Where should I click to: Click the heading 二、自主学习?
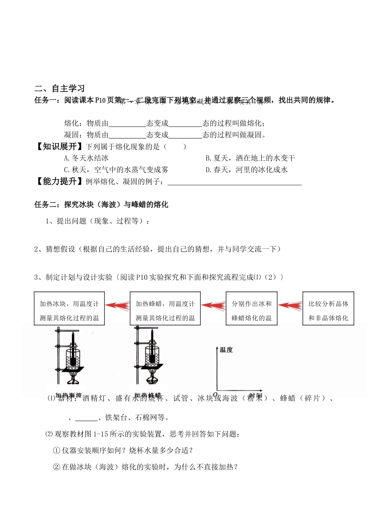59,89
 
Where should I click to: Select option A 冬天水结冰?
86,158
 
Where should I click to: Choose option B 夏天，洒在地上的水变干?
250,158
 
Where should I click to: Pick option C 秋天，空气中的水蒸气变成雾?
116,170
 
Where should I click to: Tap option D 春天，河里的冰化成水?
246,170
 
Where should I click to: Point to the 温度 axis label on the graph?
227,350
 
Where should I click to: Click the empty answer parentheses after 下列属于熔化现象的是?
175,147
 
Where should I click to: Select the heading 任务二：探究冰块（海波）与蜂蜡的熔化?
101,204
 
